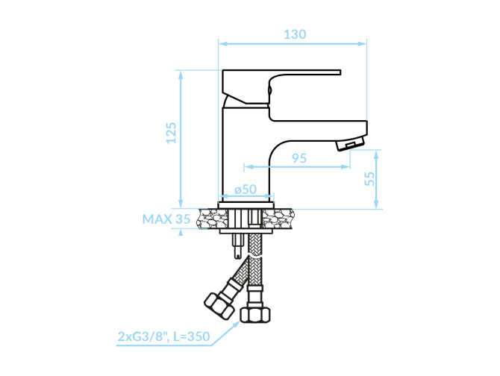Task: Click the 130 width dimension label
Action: tap(295, 34)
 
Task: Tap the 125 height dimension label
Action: tap(171, 133)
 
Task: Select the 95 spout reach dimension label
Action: tap(299, 158)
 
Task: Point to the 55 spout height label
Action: tap(369, 178)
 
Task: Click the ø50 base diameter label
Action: tap(246, 189)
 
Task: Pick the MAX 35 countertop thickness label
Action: tap(166, 219)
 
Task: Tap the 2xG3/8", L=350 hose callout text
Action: tap(164, 336)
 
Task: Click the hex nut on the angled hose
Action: tap(219, 305)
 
